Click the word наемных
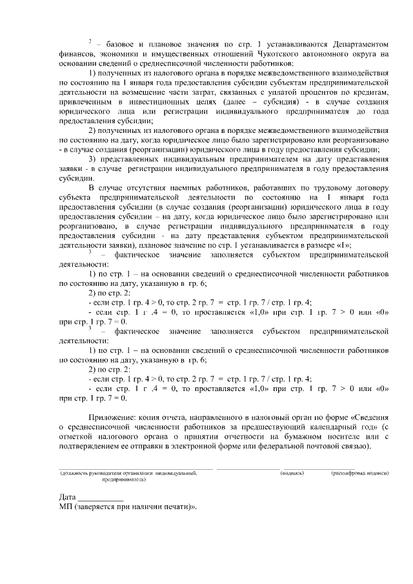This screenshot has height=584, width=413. (186, 188)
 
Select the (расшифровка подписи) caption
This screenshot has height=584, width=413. (360, 474)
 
